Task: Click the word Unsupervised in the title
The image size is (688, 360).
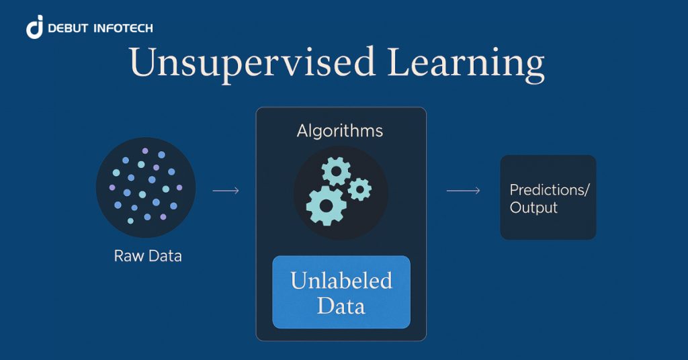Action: (252, 64)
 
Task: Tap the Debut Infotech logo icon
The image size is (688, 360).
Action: (34, 27)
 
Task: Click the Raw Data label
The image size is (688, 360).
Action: (148, 256)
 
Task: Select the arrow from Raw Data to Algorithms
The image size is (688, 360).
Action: (226, 191)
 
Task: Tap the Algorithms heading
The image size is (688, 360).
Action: (340, 130)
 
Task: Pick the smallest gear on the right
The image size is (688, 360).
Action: (360, 190)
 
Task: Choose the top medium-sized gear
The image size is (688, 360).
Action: (336, 171)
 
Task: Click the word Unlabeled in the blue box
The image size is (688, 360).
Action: (341, 280)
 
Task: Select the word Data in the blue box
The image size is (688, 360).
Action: (341, 306)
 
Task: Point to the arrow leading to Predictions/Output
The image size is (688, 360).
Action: (464, 191)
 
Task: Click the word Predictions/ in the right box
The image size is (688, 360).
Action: (549, 189)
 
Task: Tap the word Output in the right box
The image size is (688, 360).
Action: (533, 208)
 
